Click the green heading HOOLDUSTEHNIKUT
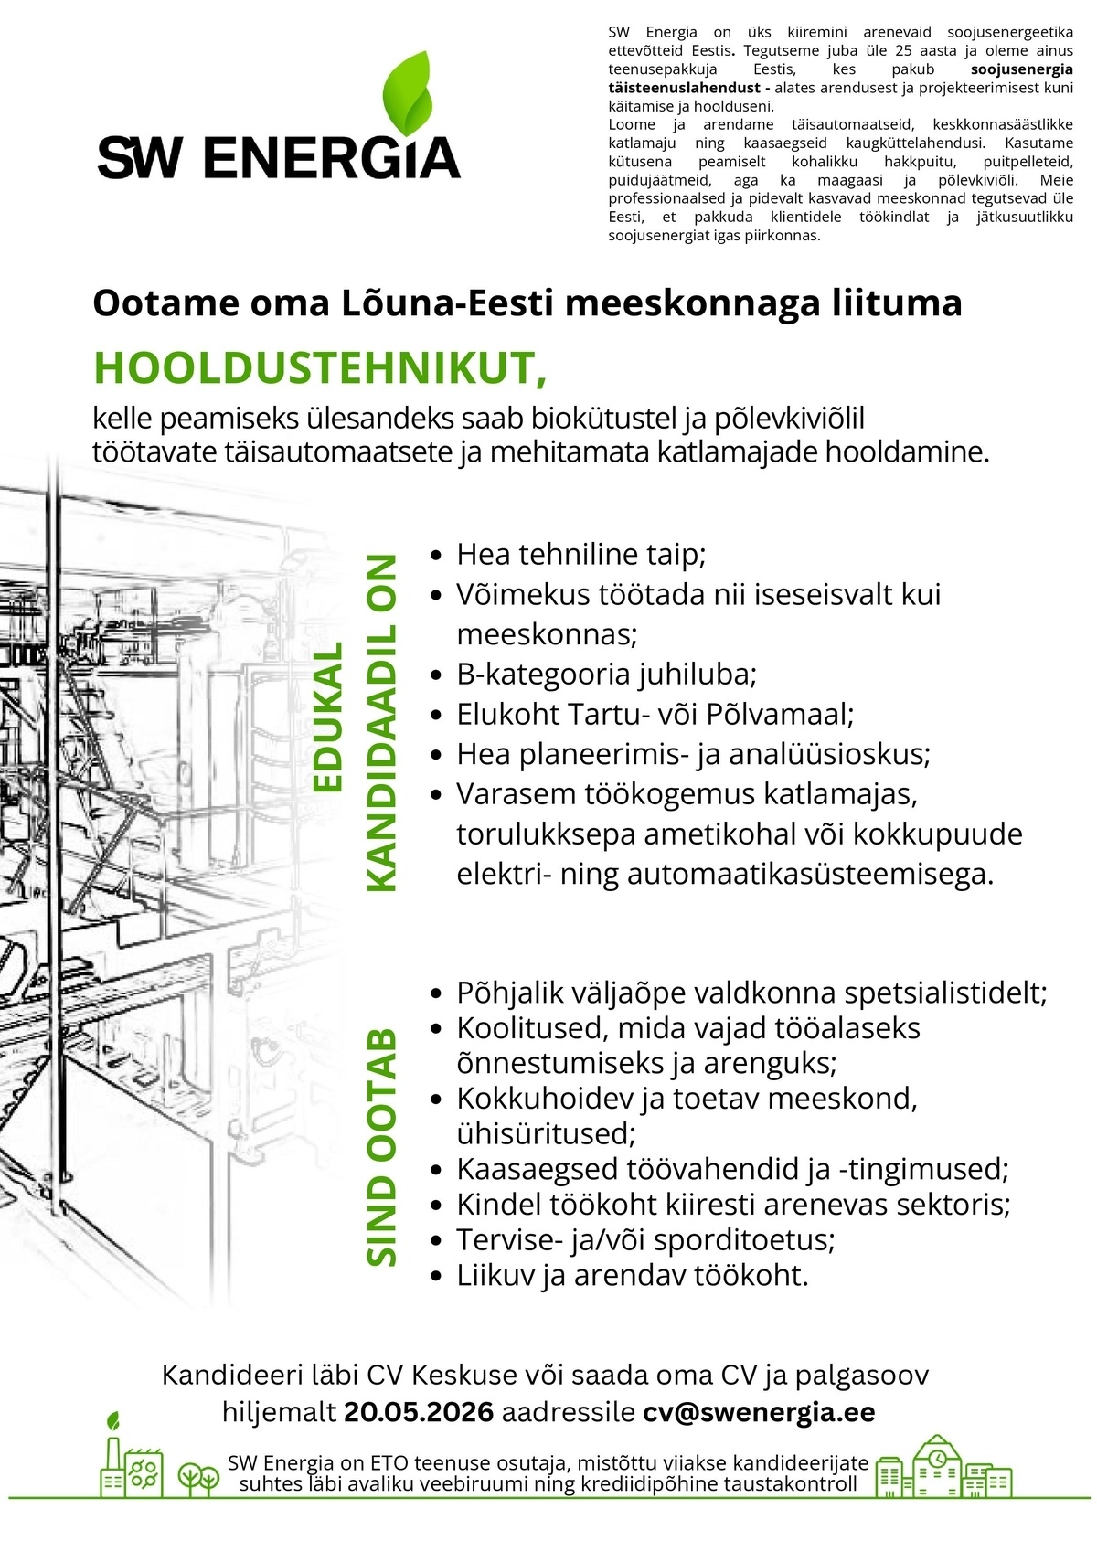(x=320, y=368)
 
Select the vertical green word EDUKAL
(x=327, y=717)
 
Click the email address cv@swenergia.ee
(x=759, y=1411)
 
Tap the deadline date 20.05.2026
(x=419, y=1411)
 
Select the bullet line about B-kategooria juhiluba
(x=606, y=675)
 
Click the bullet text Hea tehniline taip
(x=580, y=554)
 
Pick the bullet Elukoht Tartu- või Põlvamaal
(x=655, y=714)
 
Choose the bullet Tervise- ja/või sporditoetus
(x=645, y=1239)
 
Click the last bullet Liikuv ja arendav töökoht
(x=633, y=1275)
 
